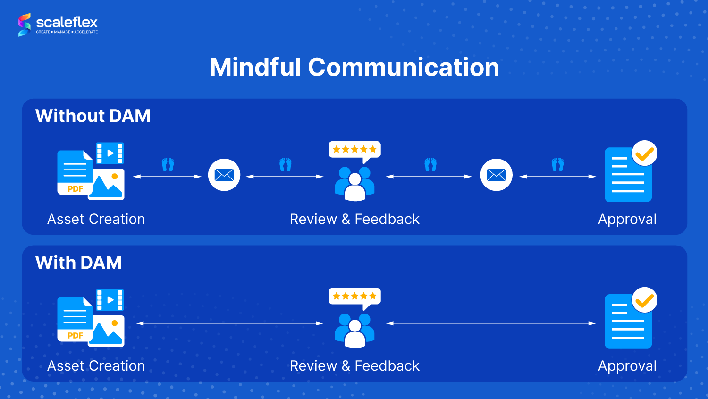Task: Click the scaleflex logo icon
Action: click(25, 25)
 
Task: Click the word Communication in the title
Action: click(404, 67)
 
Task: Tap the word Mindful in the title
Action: click(255, 67)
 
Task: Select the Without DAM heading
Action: click(93, 116)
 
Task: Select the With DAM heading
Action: click(78, 263)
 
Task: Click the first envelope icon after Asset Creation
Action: click(224, 175)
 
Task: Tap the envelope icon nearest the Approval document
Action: click(496, 175)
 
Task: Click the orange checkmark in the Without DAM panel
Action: click(644, 154)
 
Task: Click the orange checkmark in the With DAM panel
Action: click(644, 301)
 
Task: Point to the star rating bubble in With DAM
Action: click(354, 297)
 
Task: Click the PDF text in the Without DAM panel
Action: click(75, 189)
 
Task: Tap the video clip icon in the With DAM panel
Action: click(110, 300)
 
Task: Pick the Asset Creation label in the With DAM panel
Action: click(96, 366)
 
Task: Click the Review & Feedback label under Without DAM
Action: click(354, 219)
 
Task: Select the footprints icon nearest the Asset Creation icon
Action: click(168, 165)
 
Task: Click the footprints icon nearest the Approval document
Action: click(557, 165)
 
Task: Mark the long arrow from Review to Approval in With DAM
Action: click(491, 323)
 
